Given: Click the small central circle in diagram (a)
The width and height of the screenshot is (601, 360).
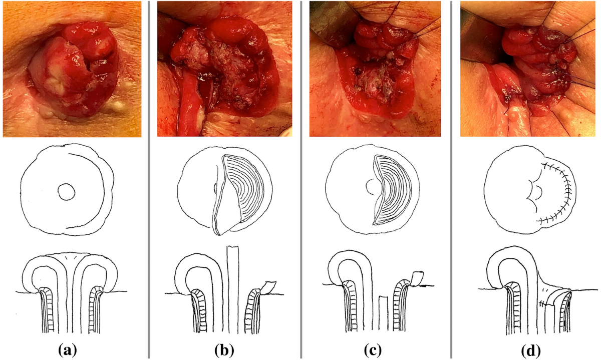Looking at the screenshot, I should (66, 191).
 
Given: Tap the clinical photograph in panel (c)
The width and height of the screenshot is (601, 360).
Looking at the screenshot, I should (377, 69).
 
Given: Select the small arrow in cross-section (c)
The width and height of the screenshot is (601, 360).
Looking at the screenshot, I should (426, 286).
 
